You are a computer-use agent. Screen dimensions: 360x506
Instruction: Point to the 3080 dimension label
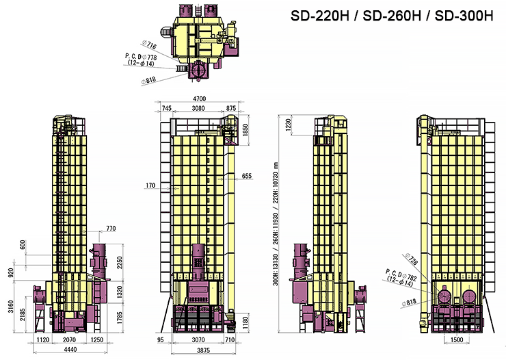coord(198,109)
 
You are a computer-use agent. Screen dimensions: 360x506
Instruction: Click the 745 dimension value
coord(167,109)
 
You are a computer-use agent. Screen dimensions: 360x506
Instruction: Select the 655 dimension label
coord(247,177)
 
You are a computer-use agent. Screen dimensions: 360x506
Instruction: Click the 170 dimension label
coord(151,185)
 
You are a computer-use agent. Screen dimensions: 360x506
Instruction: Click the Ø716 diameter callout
coord(149,45)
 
